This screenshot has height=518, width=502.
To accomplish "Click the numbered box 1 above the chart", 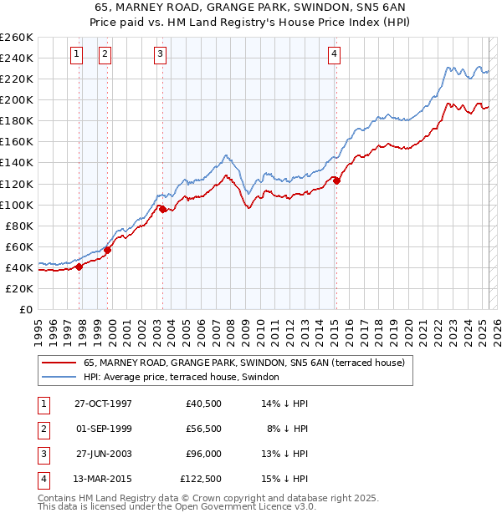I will (76, 55).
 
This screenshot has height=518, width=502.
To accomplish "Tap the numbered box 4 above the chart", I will (334, 55).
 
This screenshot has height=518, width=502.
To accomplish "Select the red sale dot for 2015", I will (336, 180).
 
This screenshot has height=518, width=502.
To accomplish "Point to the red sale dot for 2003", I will (163, 209).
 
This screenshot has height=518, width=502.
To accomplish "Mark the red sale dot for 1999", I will (107, 250).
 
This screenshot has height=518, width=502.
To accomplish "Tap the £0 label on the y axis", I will (24, 309).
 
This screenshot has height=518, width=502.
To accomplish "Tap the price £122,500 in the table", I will (200, 479).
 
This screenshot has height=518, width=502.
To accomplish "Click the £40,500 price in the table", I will (203, 404).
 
